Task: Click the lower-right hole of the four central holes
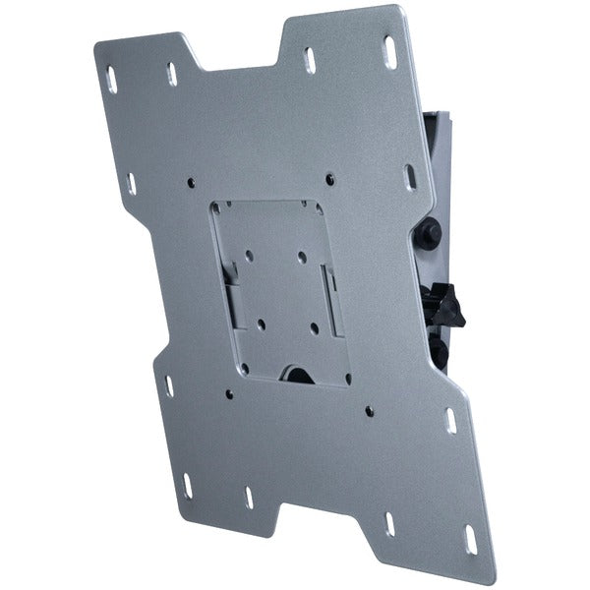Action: click(x=314, y=326)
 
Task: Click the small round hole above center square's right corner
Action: click(x=329, y=178)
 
